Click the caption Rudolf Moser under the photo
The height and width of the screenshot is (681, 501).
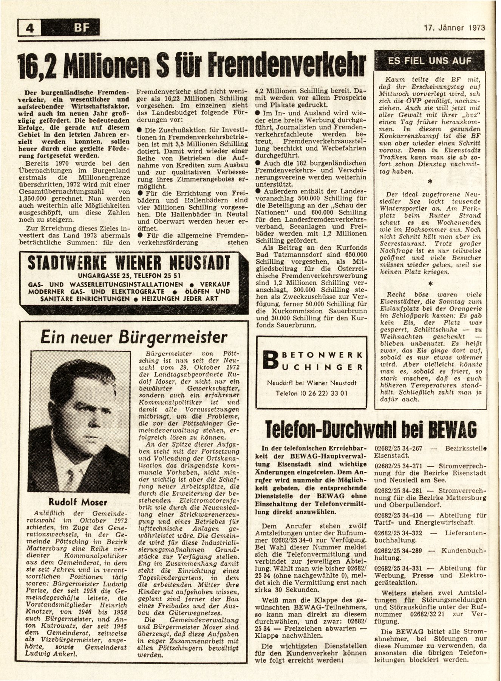coord(77,502)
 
